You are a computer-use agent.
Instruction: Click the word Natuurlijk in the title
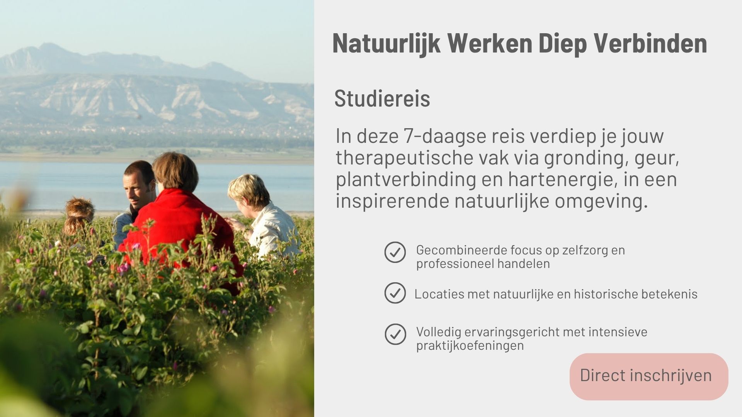tap(386, 43)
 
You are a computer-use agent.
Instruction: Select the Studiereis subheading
tap(382, 98)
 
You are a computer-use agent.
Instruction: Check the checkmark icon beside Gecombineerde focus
tap(395, 253)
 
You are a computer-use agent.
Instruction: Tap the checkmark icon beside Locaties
tap(395, 293)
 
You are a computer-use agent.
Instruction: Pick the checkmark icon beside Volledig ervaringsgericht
tap(395, 334)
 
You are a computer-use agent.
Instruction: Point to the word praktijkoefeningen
tap(470, 346)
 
